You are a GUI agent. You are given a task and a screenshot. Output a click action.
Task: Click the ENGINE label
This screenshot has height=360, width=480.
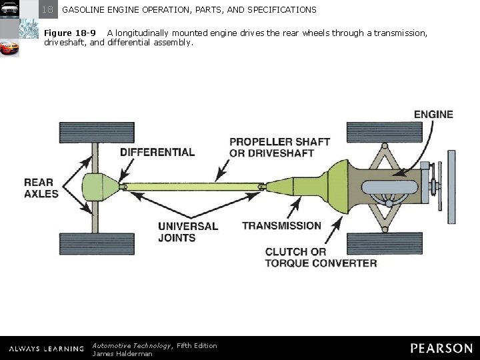point(433,114)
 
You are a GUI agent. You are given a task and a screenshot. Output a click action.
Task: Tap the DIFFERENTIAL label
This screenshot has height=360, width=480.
point(157,152)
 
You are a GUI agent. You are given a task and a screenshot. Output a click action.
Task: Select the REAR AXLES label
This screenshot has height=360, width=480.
point(41,188)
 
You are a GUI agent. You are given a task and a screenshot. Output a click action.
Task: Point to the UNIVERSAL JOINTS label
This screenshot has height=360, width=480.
point(187,231)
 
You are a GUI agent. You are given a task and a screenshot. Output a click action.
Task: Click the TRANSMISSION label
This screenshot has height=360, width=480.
point(281,225)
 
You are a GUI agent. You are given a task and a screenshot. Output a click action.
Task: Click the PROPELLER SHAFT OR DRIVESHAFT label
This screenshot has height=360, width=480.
point(279,147)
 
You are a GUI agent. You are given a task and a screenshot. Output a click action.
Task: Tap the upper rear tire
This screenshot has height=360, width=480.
point(96,133)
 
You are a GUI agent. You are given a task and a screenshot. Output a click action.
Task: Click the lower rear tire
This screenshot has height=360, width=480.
point(96,243)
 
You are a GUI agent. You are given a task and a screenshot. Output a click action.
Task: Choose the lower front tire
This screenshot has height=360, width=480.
point(385,243)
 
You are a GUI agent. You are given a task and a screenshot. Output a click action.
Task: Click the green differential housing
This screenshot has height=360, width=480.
point(101,187)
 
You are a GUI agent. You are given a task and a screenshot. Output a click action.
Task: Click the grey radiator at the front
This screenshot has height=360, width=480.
point(451,187)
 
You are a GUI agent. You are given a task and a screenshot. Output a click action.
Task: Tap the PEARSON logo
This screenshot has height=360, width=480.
point(441,348)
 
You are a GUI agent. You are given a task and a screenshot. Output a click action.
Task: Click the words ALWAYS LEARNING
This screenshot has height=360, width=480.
point(47,349)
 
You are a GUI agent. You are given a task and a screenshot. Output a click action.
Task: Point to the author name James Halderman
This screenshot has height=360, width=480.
point(122,354)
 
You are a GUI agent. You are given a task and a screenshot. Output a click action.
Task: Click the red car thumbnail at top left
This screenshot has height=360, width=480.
point(9,49)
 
